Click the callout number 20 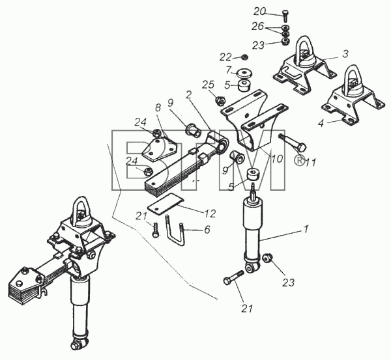(260, 11)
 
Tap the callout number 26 (257, 26)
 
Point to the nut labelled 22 (244, 57)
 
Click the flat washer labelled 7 (244, 74)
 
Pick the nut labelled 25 (220, 101)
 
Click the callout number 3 (345, 53)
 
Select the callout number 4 (321, 123)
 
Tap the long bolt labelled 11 (293, 143)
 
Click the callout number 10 (278, 158)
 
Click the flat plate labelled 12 (166, 203)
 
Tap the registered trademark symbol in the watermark (300, 159)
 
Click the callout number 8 (158, 107)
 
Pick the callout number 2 (189, 94)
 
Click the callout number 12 (210, 214)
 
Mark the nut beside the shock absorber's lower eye (268, 258)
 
